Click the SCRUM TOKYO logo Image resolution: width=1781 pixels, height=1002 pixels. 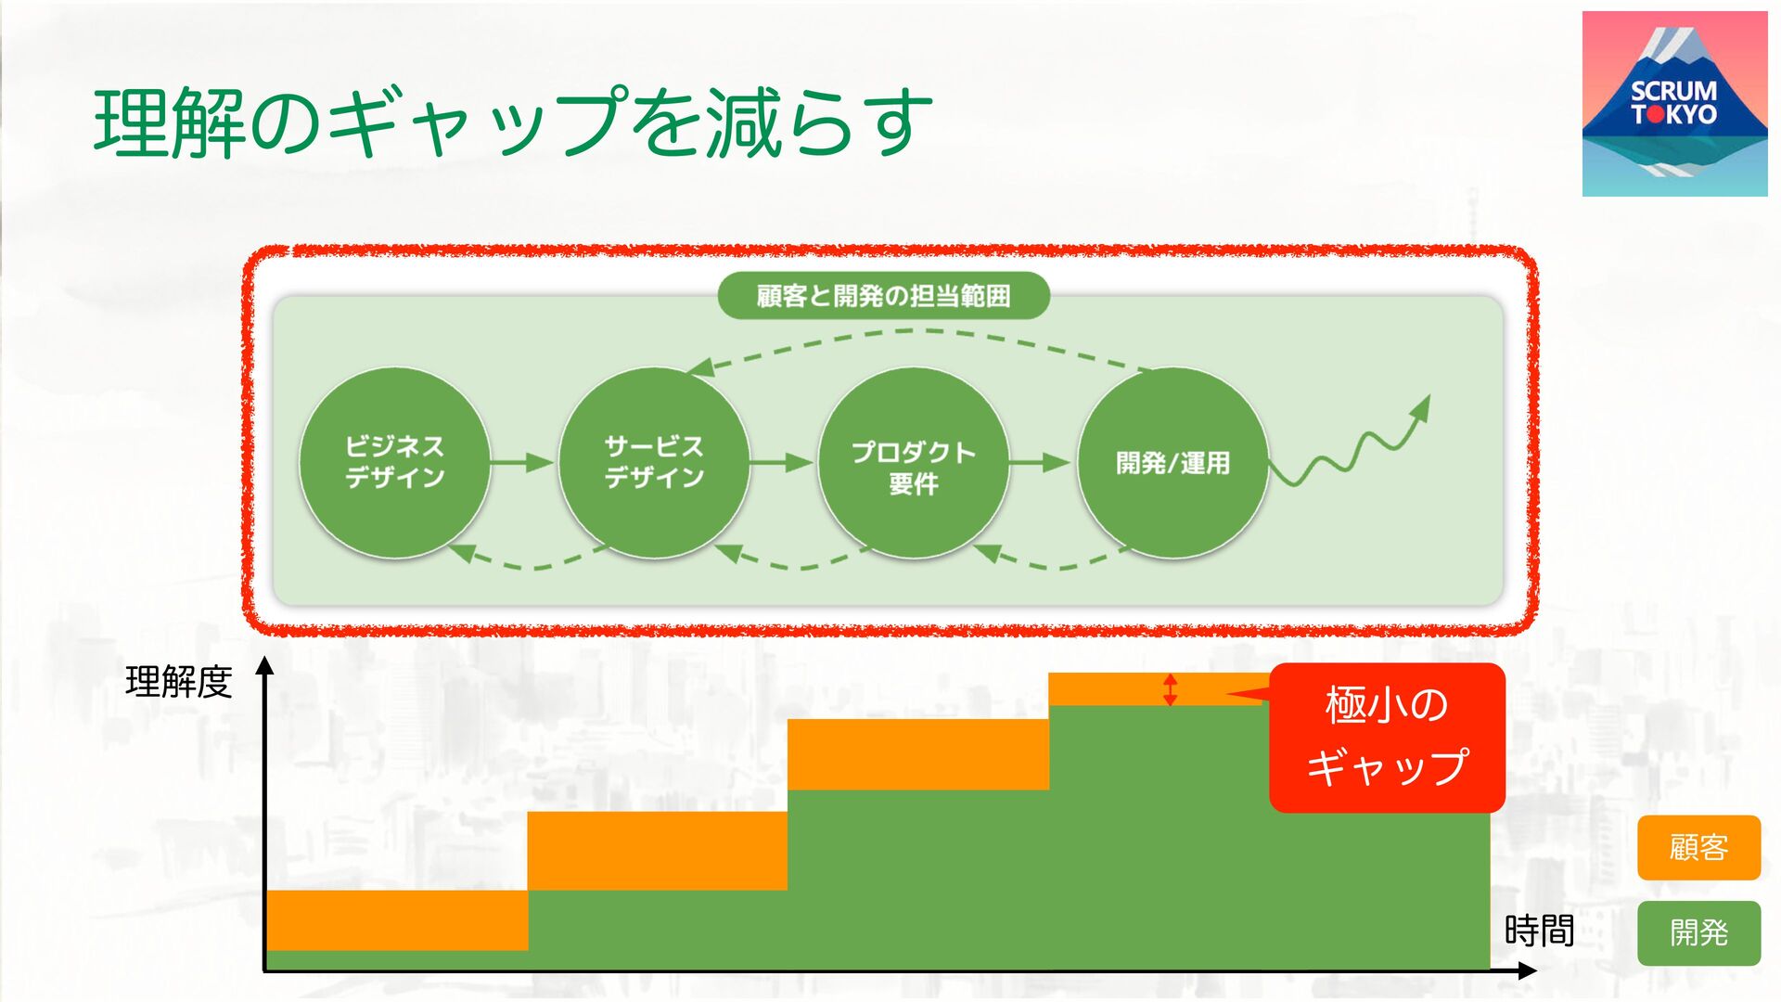[1674, 104]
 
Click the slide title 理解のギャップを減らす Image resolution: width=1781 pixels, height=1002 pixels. [513, 122]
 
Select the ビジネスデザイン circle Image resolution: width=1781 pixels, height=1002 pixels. [394, 462]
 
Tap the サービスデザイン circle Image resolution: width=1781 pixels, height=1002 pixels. [654, 462]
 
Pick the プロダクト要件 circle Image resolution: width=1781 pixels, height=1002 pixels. [914, 462]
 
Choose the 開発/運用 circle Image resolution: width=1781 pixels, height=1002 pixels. [1172, 462]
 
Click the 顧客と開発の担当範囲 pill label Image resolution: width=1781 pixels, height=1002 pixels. [883, 296]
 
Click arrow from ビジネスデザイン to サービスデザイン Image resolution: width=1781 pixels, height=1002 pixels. [522, 462]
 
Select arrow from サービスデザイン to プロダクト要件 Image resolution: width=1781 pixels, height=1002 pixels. [782, 462]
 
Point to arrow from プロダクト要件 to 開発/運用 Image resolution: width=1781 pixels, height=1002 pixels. [1041, 462]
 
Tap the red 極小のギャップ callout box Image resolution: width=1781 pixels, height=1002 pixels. [1387, 738]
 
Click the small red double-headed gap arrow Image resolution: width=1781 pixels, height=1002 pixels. [1171, 689]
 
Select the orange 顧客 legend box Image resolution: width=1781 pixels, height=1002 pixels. [1698, 847]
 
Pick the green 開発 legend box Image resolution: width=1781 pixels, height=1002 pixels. [1698, 932]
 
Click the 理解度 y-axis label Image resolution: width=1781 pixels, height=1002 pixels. [178, 683]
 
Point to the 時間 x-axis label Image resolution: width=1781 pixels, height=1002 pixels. [1539, 931]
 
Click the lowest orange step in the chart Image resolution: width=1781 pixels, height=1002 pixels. [397, 919]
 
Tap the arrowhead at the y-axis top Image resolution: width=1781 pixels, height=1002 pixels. [265, 665]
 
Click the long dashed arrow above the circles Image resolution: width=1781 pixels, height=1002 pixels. [918, 332]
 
